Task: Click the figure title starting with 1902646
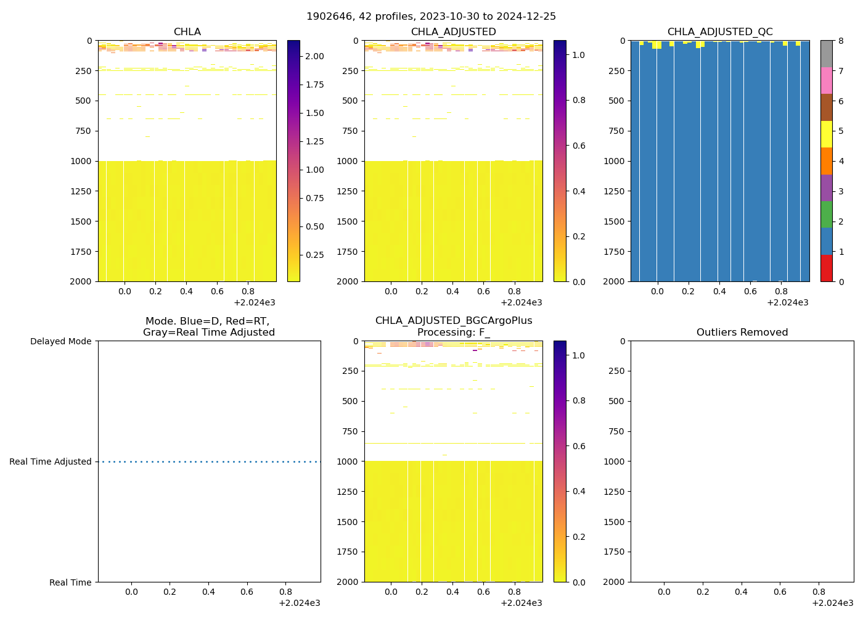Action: coord(431,17)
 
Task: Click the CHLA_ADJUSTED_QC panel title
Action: coord(719,32)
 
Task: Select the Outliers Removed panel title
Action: coord(742,333)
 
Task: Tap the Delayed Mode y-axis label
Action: coord(60,341)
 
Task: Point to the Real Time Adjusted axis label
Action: coord(50,462)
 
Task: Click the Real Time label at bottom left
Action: coord(70,582)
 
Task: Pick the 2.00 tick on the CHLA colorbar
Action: coord(314,56)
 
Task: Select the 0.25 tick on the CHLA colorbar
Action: coord(314,255)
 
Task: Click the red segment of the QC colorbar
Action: coord(826,268)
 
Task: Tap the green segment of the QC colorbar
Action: coord(826,215)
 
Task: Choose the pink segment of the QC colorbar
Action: coord(826,81)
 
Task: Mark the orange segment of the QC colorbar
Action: coord(826,161)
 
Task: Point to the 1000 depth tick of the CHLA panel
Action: coord(83,161)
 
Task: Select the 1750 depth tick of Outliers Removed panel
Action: coord(614,552)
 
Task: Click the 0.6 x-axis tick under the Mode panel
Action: coord(247,592)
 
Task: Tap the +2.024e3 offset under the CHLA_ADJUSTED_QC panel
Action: coord(787,302)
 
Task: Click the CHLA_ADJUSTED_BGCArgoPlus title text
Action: coord(454,321)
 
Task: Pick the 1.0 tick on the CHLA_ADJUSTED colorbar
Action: coord(578,55)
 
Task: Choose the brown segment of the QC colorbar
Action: coord(826,107)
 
